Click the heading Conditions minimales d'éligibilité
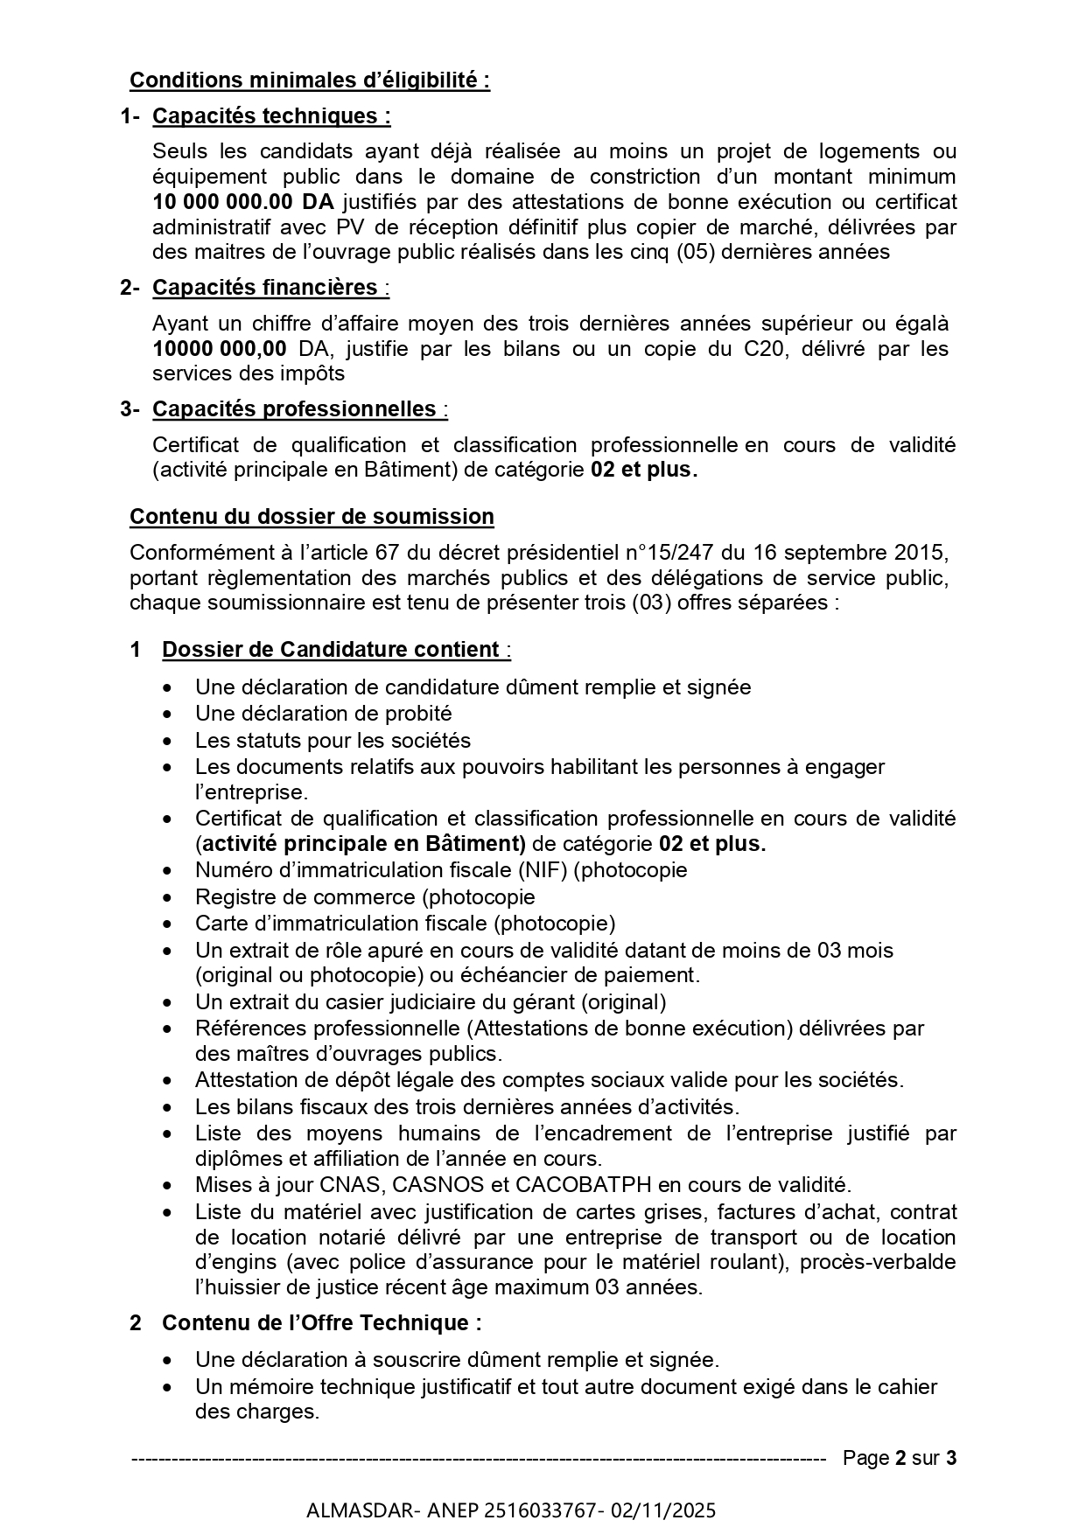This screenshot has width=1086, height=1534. tap(310, 80)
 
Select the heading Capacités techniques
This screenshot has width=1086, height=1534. tap(271, 116)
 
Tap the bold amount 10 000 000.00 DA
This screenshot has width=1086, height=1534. tap(243, 202)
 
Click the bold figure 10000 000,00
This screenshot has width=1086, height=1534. tap(219, 348)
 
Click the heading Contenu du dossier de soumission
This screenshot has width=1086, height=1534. tap(312, 517)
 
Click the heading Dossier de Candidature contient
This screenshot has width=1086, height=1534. tap(333, 650)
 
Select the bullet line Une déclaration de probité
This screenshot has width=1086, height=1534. tap(323, 714)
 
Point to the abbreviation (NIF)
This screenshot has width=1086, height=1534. tap(543, 870)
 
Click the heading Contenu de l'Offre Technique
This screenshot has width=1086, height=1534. tap(321, 1323)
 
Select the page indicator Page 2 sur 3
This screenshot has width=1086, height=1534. tap(899, 1458)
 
